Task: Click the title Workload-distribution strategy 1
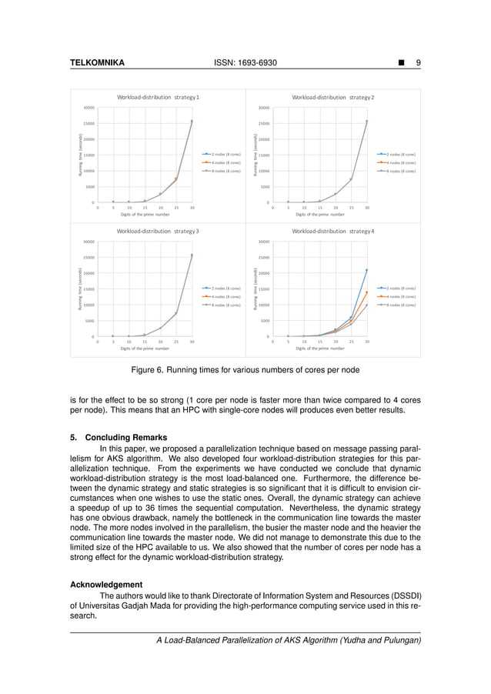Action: (158, 98)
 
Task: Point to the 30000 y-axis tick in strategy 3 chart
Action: (89, 242)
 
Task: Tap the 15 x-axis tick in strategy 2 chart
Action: (319, 208)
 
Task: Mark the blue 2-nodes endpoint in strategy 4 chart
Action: (366, 270)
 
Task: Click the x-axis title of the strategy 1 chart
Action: (145, 215)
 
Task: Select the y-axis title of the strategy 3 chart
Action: (79, 289)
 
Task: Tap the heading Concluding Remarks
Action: (123, 438)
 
